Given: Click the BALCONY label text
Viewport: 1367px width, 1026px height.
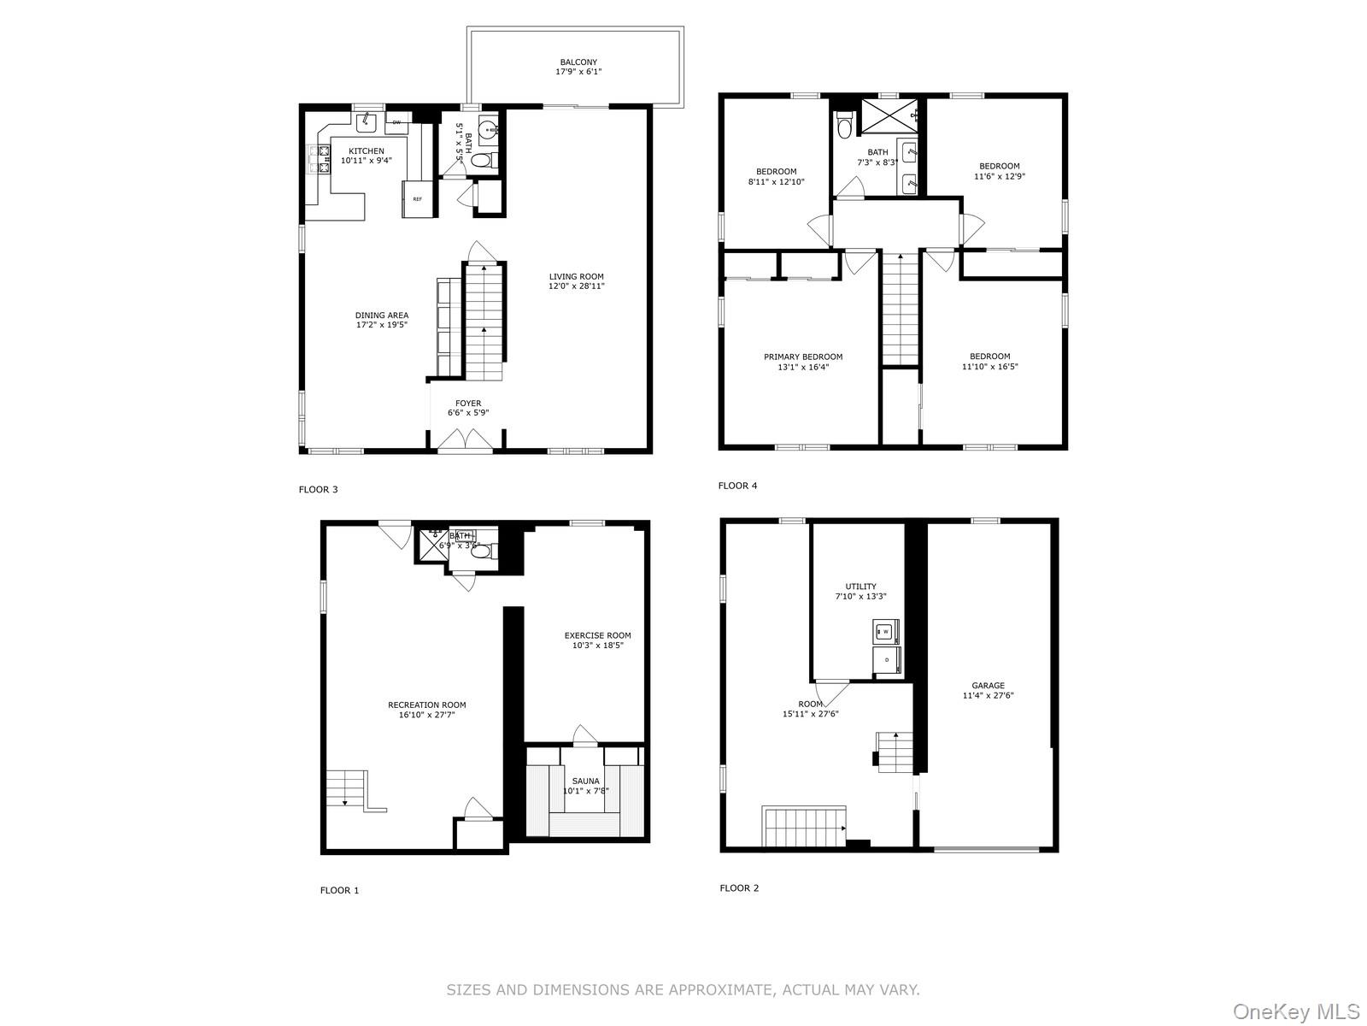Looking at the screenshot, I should pos(578,62).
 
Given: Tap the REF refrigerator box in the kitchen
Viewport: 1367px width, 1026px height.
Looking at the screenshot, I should pos(418,199).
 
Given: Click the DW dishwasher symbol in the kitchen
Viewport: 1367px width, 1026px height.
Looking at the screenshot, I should pos(396,122).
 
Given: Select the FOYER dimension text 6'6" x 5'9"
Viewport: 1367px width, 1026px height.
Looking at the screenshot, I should pos(468,413).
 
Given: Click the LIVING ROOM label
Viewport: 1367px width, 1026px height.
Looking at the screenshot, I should pos(576,277).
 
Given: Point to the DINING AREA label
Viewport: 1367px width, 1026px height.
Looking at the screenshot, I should pos(382,315).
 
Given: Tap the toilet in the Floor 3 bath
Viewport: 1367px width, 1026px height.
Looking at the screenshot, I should pos(482,160).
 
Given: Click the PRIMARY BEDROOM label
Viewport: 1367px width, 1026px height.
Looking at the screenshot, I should pos(803,357).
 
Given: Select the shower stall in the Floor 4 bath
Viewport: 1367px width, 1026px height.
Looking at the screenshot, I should pos(889,114).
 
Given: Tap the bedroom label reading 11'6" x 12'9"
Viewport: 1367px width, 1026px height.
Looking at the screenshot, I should pos(999,176).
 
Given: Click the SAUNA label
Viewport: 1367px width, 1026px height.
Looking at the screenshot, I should pos(585,781).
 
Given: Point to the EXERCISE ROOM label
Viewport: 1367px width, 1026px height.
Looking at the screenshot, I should pos(597,635).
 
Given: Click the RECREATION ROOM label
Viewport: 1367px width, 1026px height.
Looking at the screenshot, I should pos(426,705).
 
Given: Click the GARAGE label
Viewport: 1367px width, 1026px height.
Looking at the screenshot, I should pos(988,686).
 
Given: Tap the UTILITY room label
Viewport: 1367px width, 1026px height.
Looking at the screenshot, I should pos(860,587).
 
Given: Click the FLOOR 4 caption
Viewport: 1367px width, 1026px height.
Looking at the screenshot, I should pos(737,486).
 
